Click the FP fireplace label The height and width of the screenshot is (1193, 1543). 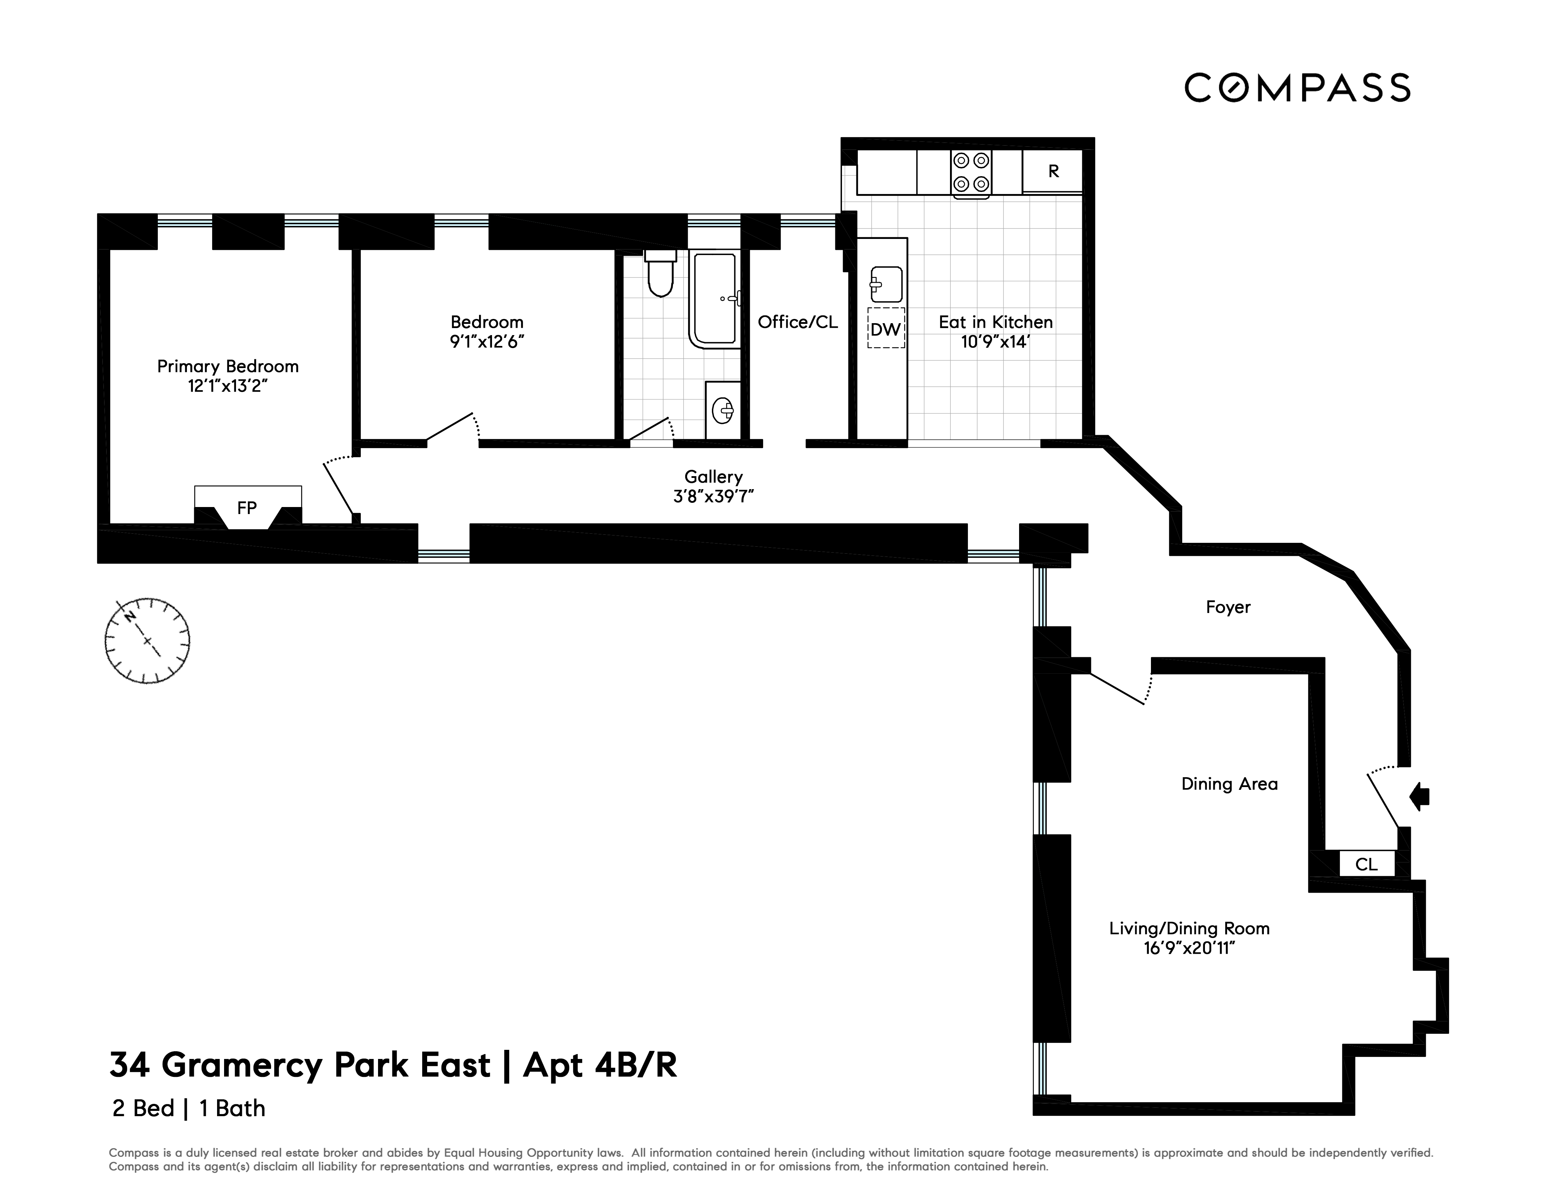coord(247,507)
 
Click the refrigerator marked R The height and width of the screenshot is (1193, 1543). coord(1053,171)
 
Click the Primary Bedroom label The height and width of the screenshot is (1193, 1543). coord(228,366)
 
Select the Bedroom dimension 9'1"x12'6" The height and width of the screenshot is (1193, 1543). coord(487,341)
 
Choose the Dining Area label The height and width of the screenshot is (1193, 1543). coord(1229,784)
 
